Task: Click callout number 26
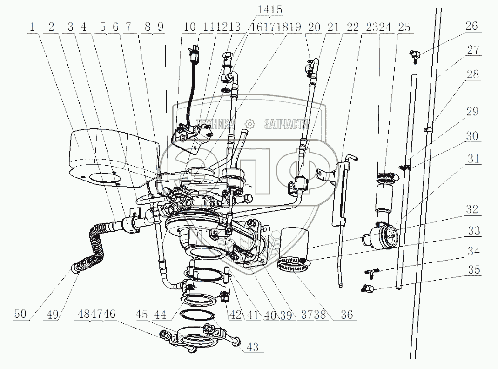471,26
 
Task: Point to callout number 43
253,347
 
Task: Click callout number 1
32,27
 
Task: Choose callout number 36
346,315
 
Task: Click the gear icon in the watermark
250,124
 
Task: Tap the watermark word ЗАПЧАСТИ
286,124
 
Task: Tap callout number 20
315,27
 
